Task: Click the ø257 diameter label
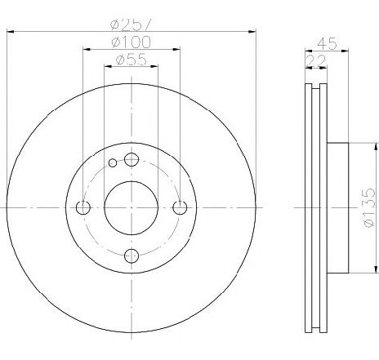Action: [130, 24]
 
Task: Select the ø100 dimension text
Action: [131, 42]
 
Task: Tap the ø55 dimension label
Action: [131, 60]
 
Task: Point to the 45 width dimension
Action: [327, 43]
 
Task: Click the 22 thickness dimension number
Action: [316, 61]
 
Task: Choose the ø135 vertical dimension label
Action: [369, 207]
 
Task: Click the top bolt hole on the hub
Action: [132, 159]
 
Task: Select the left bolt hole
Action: [83, 207]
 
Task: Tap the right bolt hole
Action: [180, 207]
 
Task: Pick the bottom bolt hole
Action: [132, 256]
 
